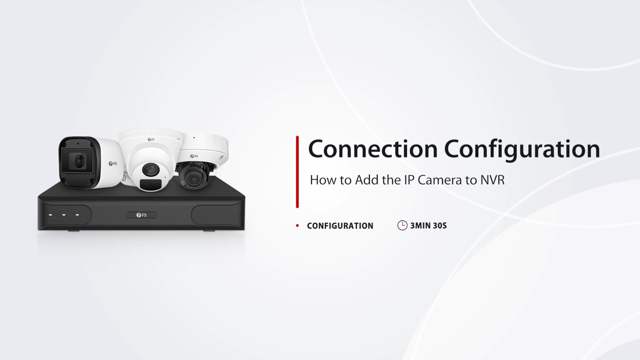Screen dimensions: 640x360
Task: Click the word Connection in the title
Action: click(x=373, y=149)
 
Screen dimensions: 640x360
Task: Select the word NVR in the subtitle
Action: click(x=492, y=180)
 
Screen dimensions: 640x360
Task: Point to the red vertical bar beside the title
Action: click(x=297, y=172)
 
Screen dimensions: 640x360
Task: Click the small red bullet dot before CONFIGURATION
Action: click(x=297, y=226)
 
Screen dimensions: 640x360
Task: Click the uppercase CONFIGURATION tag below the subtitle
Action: click(x=340, y=226)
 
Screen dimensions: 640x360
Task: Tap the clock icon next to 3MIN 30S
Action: click(x=402, y=225)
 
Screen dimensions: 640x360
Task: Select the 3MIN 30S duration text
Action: click(x=428, y=226)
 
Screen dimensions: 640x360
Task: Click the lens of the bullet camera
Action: click(x=79, y=162)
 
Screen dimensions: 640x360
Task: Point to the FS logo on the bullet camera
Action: click(x=113, y=164)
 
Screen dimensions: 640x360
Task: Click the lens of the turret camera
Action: click(x=151, y=170)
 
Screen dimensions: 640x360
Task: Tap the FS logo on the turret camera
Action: click(x=151, y=140)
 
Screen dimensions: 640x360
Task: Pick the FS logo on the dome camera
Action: click(x=194, y=156)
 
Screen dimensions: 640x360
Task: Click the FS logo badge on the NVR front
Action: click(x=141, y=215)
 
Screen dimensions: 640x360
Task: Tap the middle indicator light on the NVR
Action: click(x=64, y=215)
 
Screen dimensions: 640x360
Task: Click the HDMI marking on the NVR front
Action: click(x=56, y=222)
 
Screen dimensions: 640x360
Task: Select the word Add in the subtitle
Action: click(x=367, y=180)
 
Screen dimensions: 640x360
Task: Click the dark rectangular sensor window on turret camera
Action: click(x=151, y=184)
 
